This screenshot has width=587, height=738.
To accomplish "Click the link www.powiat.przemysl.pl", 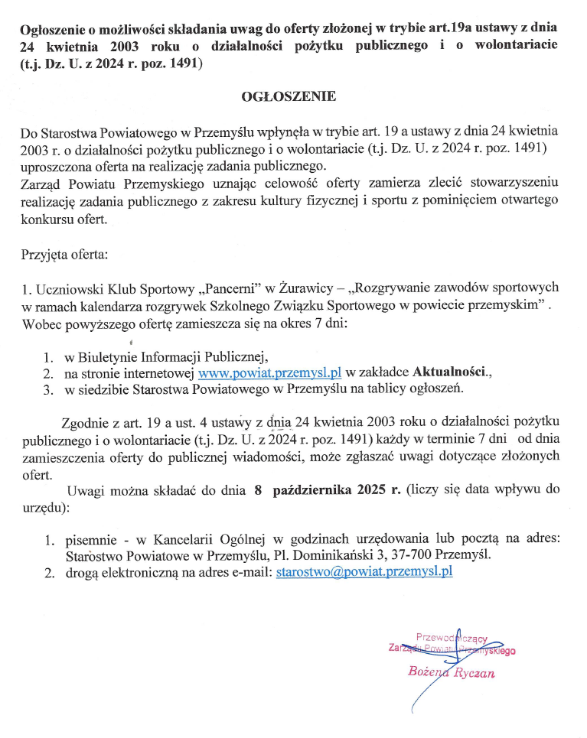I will [x=269, y=372].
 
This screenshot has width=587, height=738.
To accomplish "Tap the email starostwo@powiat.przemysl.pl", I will [x=364, y=571].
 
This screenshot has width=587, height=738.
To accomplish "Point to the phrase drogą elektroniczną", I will [x=117, y=571].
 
